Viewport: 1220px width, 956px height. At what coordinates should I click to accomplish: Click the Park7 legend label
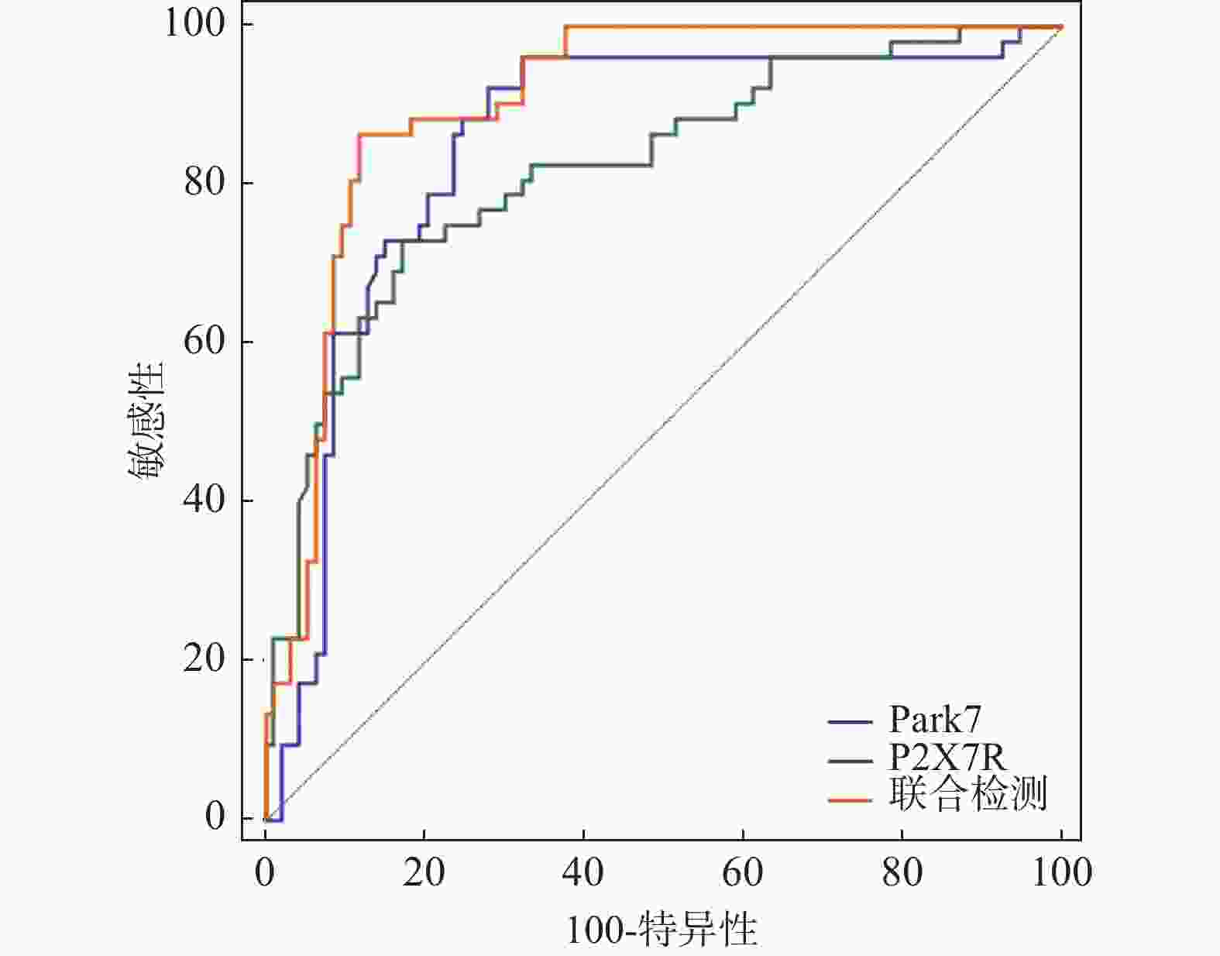[x=934, y=720]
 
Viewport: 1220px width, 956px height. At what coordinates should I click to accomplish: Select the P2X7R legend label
[x=947, y=757]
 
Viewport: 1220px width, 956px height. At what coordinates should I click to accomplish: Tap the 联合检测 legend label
[x=968, y=794]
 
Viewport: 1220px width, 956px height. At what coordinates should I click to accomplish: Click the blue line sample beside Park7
[x=850, y=722]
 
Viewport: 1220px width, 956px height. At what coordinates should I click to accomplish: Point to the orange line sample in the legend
[x=850, y=799]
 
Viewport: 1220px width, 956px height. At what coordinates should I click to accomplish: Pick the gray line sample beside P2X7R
[x=850, y=761]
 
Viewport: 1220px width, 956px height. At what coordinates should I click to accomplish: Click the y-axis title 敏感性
[x=146, y=422]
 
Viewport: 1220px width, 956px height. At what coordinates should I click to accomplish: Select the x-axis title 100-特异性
[x=662, y=930]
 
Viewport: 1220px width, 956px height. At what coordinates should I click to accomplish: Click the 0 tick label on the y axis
[x=215, y=817]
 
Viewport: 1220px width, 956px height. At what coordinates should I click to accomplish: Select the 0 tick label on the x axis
[x=265, y=873]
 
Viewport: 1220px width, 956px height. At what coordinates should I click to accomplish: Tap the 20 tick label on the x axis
[x=424, y=873]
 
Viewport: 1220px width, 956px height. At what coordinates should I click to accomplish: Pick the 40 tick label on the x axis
[x=583, y=873]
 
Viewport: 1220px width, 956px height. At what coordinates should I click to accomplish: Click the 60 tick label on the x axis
[x=743, y=873]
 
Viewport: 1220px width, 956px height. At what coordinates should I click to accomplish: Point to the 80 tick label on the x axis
[x=902, y=873]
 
